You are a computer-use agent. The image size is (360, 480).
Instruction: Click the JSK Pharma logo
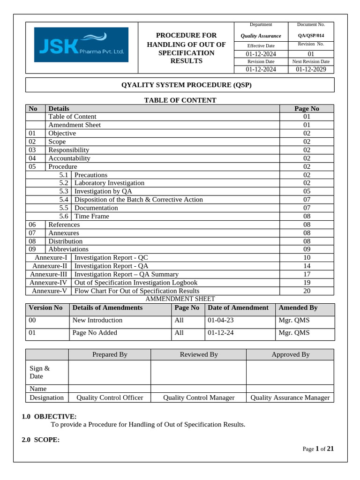(x=81, y=45)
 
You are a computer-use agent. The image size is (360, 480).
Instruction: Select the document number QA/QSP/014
(x=311, y=36)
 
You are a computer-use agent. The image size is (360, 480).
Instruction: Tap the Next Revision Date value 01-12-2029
(x=311, y=69)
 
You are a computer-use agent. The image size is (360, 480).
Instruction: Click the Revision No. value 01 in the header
(x=311, y=54)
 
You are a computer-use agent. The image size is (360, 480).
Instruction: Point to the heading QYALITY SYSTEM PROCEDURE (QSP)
(x=180, y=85)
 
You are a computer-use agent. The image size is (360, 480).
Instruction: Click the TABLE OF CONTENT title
(x=180, y=100)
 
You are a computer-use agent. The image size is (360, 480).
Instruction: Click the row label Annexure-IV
(x=48, y=283)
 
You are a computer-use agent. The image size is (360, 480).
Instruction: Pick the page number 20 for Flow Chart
(x=307, y=291)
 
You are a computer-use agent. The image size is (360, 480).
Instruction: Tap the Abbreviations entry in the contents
(x=68, y=249)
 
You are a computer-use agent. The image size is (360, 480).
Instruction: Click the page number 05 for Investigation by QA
(x=307, y=191)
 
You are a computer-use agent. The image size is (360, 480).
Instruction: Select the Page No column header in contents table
(x=307, y=108)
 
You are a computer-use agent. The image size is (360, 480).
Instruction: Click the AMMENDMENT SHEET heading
(x=180, y=299)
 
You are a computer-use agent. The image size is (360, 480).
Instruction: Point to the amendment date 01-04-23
(x=221, y=321)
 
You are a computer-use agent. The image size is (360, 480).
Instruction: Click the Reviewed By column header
(x=199, y=354)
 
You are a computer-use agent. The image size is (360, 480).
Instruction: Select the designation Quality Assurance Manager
(x=290, y=397)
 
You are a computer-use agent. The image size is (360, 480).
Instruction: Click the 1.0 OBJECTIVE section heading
(x=49, y=416)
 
